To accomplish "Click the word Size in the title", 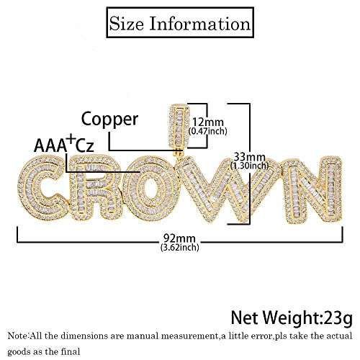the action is pyautogui.click(x=127, y=24).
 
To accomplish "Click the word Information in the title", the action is pyautogui.click(x=200, y=24).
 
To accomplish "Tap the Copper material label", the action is pyautogui.click(x=109, y=120).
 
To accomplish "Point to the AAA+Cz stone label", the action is pyautogui.click(x=63, y=144).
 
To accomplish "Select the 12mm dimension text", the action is pyautogui.click(x=208, y=122).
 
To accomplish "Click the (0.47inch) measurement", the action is pyautogui.click(x=208, y=131).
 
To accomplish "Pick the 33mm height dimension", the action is pyautogui.click(x=250, y=157).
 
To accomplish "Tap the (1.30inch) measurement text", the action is pyautogui.click(x=250, y=166).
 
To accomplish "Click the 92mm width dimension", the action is pyautogui.click(x=179, y=238).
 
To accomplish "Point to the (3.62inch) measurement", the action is pyautogui.click(x=180, y=247).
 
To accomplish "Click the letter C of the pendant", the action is pyautogui.click(x=43, y=187).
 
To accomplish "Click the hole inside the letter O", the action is pyautogui.click(x=150, y=187).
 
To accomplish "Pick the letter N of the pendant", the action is pyautogui.click(x=312, y=189).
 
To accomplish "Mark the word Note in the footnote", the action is pyautogui.click(x=17, y=336).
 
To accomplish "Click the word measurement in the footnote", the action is pyautogui.click(x=189, y=336).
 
